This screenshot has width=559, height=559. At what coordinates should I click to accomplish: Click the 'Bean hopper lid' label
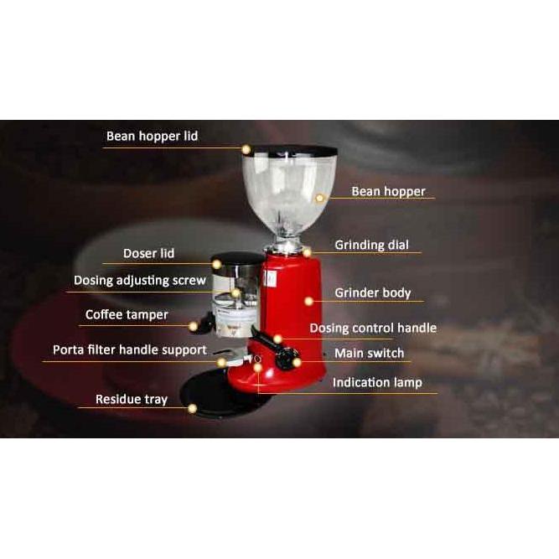click(x=152, y=136)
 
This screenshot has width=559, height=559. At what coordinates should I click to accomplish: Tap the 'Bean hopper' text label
click(x=388, y=191)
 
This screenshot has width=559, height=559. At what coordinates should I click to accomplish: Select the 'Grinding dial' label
click(x=371, y=246)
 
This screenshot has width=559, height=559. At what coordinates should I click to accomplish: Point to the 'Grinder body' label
click(x=373, y=292)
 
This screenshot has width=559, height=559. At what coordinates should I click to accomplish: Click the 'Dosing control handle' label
click(x=373, y=328)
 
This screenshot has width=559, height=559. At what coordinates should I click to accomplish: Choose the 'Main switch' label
click(x=369, y=353)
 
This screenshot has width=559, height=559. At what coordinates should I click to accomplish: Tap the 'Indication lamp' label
click(x=377, y=382)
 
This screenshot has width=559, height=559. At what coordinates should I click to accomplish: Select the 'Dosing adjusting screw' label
click(x=139, y=280)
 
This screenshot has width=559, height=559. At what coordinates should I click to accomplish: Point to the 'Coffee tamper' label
click(x=127, y=315)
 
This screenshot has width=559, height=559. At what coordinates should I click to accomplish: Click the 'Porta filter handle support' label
click(x=129, y=349)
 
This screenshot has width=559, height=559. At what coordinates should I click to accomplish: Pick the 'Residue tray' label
click(x=131, y=399)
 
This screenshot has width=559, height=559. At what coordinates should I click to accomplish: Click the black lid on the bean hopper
click(x=289, y=152)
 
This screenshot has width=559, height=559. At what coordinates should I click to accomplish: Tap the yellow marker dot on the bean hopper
click(x=320, y=199)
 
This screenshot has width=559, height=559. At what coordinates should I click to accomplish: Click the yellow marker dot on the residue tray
click(x=193, y=409)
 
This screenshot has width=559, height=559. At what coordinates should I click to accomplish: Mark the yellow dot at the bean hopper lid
click(x=246, y=149)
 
